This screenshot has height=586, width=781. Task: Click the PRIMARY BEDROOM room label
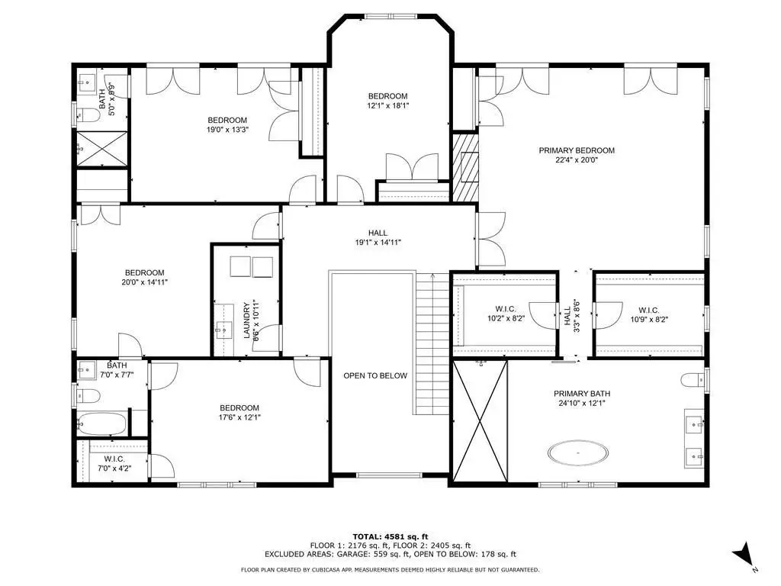(x=577, y=150)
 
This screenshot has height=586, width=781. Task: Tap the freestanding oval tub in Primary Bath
(x=578, y=453)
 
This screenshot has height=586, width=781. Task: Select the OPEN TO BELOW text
(x=375, y=375)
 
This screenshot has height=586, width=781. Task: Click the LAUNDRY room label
(x=246, y=320)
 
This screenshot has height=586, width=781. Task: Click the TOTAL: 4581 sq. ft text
(x=390, y=536)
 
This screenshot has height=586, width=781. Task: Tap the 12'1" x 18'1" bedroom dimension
(x=387, y=105)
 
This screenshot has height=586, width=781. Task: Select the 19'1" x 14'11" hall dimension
(x=378, y=242)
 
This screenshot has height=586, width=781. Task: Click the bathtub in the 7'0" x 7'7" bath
(x=102, y=423)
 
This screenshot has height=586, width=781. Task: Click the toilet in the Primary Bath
(x=693, y=380)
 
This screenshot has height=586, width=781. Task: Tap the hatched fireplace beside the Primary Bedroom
(x=465, y=167)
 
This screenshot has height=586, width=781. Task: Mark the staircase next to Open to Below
(x=433, y=344)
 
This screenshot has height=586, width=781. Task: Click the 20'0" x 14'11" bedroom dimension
(x=144, y=282)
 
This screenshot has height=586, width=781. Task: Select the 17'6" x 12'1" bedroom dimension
(x=239, y=417)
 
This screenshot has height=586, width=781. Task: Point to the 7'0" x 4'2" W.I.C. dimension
(x=114, y=468)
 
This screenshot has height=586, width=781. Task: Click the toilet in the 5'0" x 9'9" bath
(x=88, y=116)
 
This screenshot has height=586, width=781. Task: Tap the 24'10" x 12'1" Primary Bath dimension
(x=581, y=403)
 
